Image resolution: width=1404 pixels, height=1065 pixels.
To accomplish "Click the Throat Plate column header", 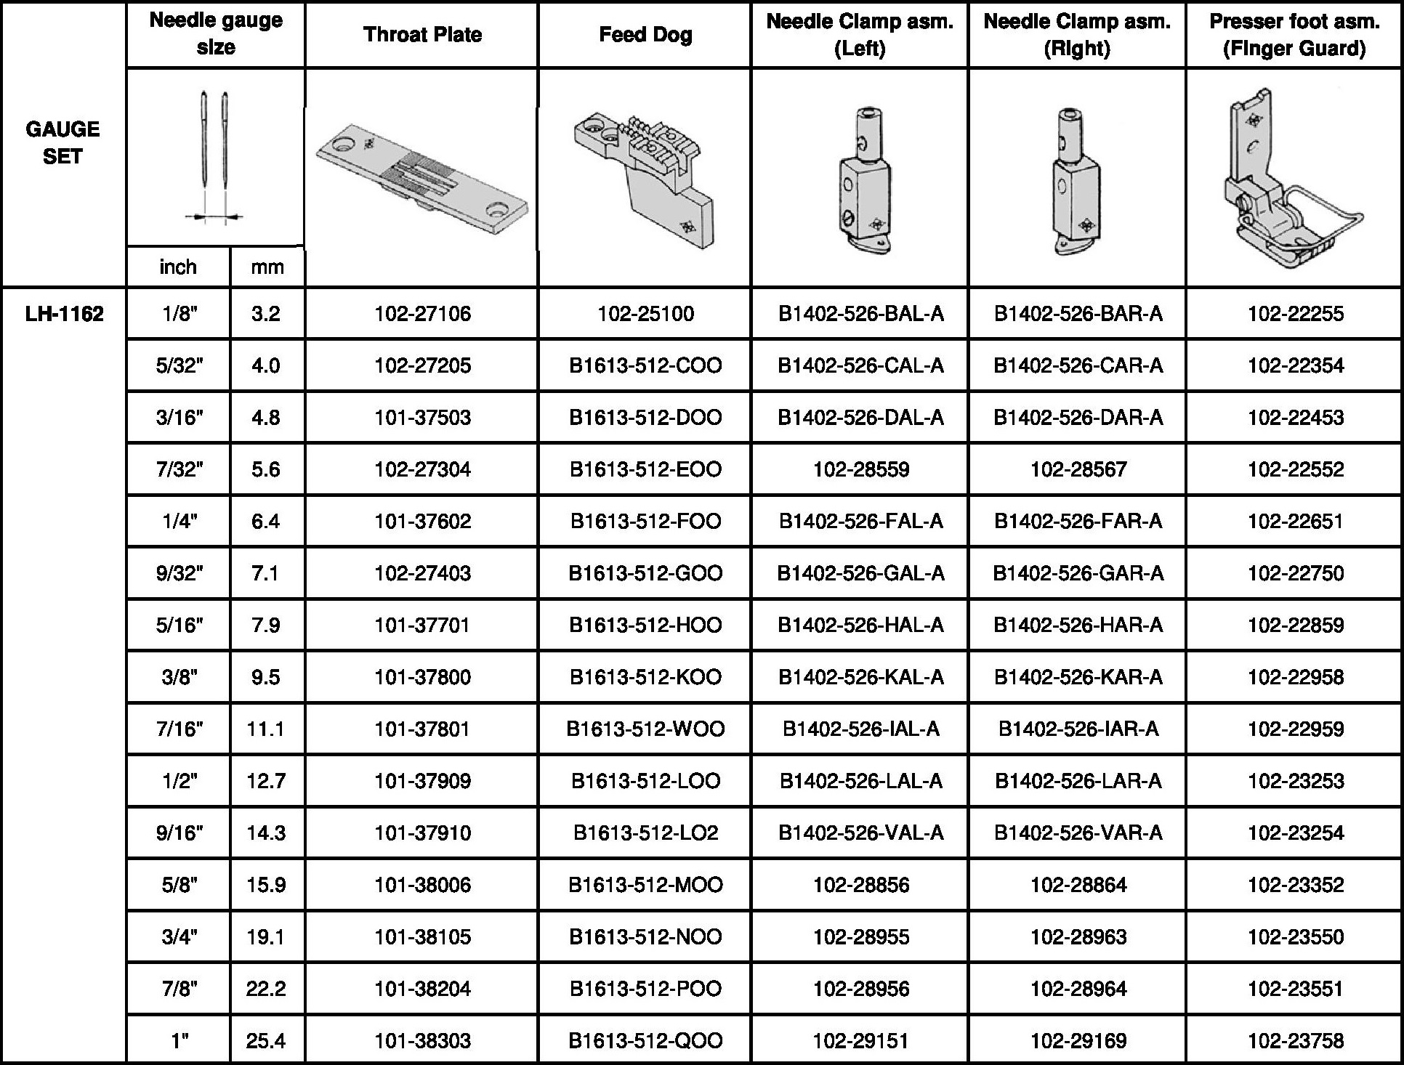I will click(422, 35).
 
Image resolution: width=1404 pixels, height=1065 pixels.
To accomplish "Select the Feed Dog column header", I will click(645, 35).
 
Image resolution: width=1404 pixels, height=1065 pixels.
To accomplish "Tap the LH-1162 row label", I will click(64, 314).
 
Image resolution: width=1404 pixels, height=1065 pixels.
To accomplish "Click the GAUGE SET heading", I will click(62, 142).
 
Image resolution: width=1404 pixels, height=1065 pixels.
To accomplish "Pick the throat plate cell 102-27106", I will click(422, 314).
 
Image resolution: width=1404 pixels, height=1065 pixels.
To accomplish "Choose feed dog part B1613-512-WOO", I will click(645, 729).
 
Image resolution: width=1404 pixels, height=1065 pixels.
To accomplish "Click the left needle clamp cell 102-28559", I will click(860, 469).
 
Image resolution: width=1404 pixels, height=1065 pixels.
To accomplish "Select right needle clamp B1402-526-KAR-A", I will click(1078, 677).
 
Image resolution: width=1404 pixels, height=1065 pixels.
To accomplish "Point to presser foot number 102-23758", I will click(1295, 1040).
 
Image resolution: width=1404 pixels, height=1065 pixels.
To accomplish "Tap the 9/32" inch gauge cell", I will click(179, 573).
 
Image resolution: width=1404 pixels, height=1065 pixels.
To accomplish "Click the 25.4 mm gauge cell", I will click(266, 1040).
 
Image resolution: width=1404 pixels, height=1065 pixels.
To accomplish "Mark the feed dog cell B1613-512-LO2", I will click(645, 833).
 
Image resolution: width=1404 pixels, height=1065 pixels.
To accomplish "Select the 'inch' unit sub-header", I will click(178, 267).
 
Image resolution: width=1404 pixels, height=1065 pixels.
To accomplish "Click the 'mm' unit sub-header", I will click(267, 267).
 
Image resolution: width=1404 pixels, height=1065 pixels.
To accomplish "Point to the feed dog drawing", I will click(645, 178).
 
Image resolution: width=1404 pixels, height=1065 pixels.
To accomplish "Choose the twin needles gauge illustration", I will click(215, 156).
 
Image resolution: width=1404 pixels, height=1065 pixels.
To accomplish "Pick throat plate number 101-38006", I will click(422, 885).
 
